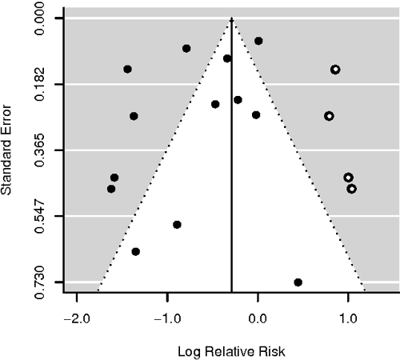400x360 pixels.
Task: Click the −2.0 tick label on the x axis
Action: [x=74, y=318]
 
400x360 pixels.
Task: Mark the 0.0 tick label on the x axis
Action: [x=258, y=318]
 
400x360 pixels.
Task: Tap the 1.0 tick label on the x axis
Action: [x=347, y=318]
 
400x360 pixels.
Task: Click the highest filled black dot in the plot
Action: [x=258, y=41]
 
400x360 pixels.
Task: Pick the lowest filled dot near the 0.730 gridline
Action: [x=298, y=282]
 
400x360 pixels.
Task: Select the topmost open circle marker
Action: [x=335, y=70]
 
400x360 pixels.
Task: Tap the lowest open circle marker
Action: [x=351, y=189]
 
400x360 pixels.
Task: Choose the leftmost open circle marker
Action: [x=329, y=116]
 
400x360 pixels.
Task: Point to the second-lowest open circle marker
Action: [x=348, y=178]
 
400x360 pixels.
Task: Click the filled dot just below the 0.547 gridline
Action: [x=177, y=225]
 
